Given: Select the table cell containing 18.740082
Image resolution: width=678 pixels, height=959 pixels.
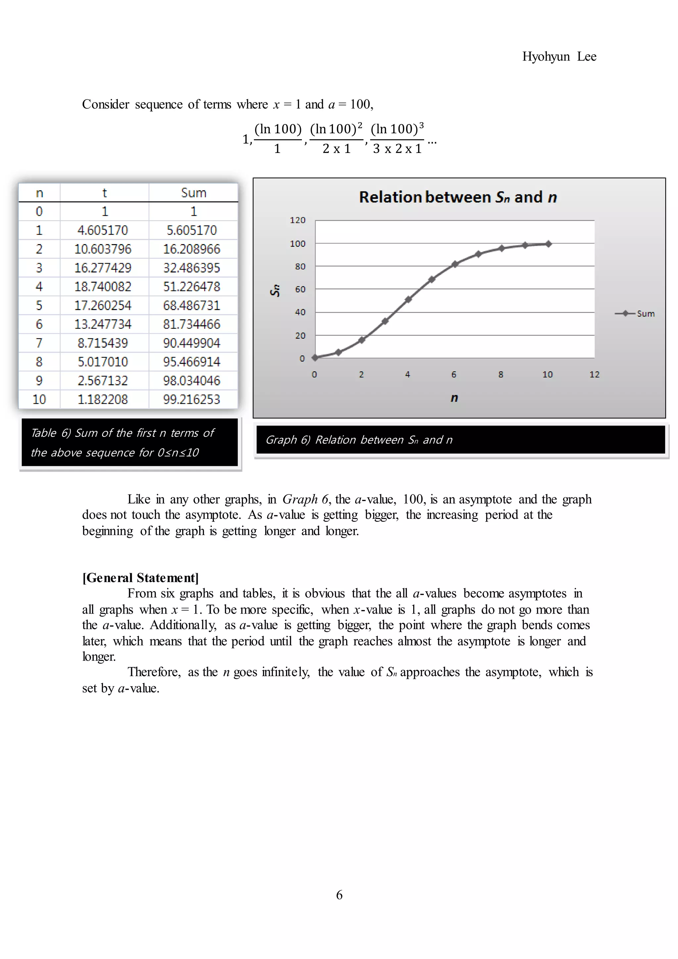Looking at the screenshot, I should (103, 286).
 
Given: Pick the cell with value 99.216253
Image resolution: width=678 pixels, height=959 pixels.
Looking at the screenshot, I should (192, 399).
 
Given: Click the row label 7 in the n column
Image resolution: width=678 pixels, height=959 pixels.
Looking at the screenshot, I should (39, 343).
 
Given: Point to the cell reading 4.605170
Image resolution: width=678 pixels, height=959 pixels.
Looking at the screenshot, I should (103, 230).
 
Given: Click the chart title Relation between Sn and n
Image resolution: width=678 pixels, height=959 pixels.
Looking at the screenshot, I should (458, 197).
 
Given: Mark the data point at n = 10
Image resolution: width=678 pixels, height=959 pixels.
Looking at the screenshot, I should (549, 244).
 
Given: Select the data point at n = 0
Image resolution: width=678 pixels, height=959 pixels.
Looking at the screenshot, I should (315, 357).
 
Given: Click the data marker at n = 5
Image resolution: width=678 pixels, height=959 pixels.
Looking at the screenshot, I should (432, 279).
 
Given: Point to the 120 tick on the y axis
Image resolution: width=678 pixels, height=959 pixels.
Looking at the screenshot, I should (298, 220).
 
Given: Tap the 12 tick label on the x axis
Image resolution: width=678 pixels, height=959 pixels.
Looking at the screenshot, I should (594, 375).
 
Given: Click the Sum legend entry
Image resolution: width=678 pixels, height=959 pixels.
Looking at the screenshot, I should (635, 314).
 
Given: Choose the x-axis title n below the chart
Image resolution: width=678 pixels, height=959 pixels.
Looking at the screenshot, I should (454, 398).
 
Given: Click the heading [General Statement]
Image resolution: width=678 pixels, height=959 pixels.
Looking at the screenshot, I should (140, 578).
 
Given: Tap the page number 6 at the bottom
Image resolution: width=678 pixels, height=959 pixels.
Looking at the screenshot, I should (339, 895).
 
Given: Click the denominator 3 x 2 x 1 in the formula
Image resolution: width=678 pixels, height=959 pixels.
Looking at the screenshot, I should (397, 149).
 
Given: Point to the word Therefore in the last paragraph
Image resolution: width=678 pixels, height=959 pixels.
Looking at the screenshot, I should (154, 672).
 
